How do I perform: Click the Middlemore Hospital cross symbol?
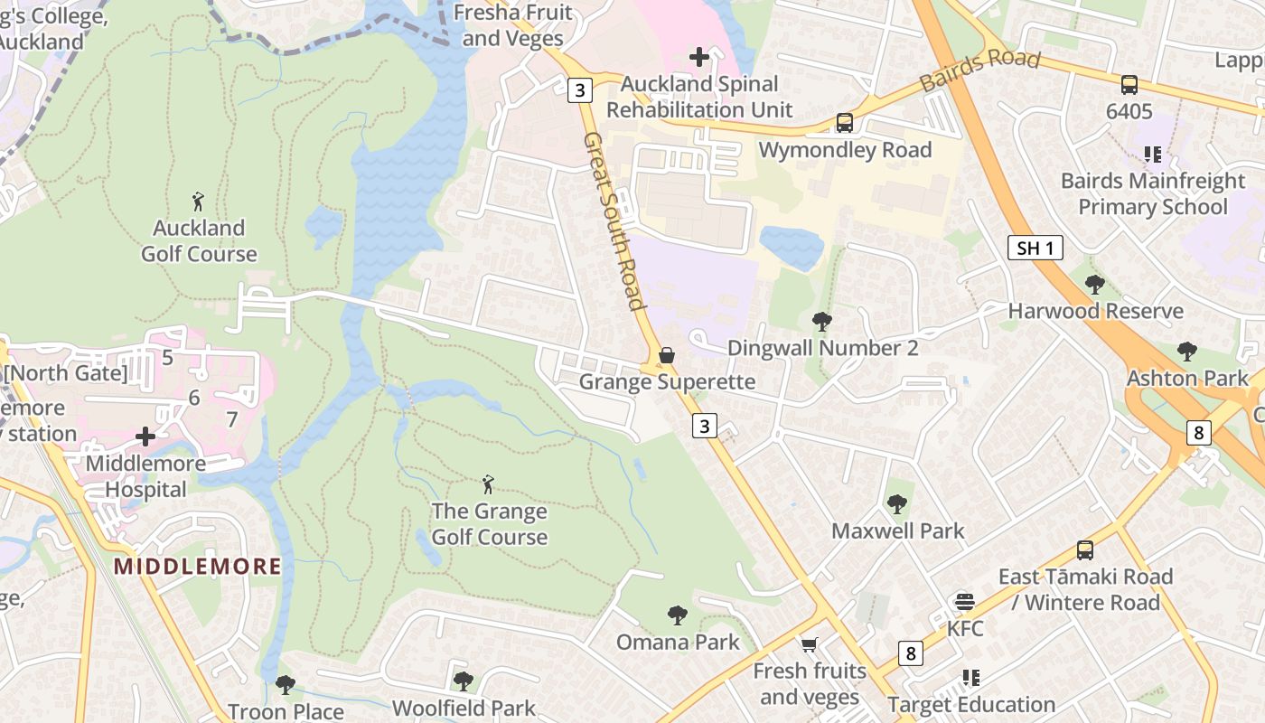point(145,437)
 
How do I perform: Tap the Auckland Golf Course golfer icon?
point(199,201)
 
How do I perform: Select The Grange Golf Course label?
point(489,524)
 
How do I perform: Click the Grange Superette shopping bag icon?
point(667,355)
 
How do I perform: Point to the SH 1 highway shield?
point(1035,248)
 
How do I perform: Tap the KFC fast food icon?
point(965,602)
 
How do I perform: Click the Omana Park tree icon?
point(677,616)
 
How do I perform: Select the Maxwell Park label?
point(898,531)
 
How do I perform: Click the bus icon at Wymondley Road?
point(845,123)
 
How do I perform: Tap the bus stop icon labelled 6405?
point(1129,85)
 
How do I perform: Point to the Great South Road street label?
point(614,221)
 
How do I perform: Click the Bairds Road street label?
point(980,70)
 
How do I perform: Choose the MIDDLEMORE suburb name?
point(197,567)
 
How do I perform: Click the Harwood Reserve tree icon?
point(1095,285)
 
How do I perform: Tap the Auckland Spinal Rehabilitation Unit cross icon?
point(699,57)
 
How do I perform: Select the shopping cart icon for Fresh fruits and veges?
point(810,644)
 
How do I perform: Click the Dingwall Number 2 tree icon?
point(822,321)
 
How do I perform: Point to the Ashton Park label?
point(1186,378)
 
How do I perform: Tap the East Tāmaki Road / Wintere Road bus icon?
point(1085,549)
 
